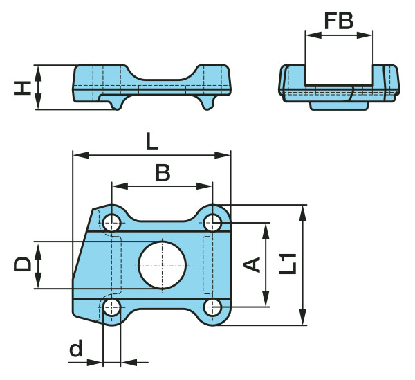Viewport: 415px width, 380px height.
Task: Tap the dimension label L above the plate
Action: [x=152, y=141]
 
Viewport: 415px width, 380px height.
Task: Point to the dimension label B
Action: [x=163, y=172]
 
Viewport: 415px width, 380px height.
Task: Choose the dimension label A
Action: [x=252, y=264]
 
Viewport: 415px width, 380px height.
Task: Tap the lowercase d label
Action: [x=75, y=349]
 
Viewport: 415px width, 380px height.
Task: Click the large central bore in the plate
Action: [x=163, y=264]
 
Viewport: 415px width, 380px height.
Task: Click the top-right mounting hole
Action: [x=213, y=222]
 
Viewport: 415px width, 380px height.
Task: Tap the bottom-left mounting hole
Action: [x=112, y=307]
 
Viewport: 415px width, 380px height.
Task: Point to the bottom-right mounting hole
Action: [x=213, y=307]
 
